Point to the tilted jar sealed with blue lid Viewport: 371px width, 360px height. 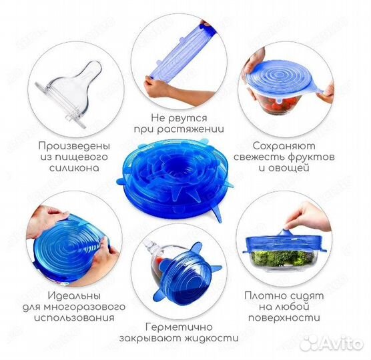(177, 261)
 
